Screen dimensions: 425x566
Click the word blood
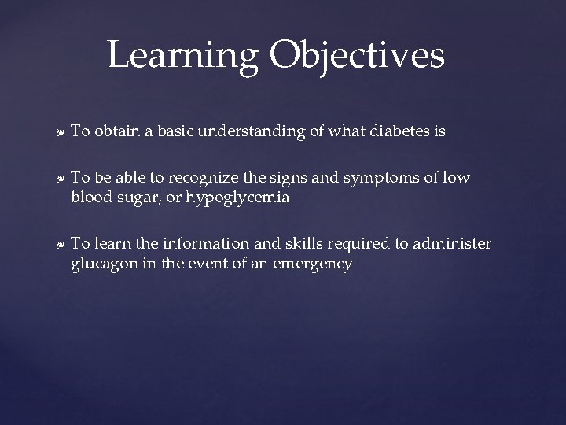(90, 198)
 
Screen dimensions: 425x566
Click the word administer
(454, 244)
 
